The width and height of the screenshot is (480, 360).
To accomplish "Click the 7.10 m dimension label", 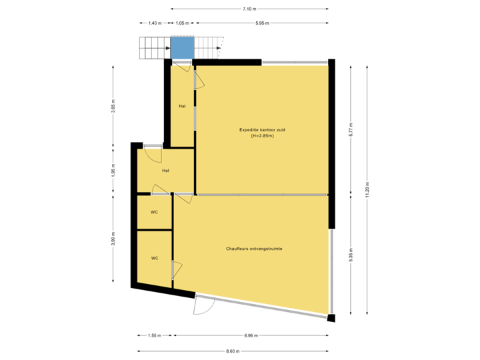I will point(249,9).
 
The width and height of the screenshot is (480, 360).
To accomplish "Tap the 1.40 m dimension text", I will point(154,23).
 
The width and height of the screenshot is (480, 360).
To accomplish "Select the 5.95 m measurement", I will point(262,23).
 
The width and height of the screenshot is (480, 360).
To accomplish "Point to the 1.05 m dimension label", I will point(181,23).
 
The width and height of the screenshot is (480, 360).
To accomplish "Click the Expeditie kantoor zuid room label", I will point(263,129).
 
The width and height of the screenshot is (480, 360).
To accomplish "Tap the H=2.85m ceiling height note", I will point(263,136).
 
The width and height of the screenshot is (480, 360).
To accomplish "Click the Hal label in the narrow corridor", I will point(182,106).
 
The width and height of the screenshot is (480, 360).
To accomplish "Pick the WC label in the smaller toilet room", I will point(154,212).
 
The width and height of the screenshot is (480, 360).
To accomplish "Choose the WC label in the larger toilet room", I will point(154,258).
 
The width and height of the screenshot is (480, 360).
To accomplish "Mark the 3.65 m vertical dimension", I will point(113,107).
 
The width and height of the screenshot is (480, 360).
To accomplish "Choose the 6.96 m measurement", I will point(251,335).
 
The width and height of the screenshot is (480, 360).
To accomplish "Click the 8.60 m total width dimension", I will point(232,351).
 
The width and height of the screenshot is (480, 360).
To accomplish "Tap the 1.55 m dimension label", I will point(154,335).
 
